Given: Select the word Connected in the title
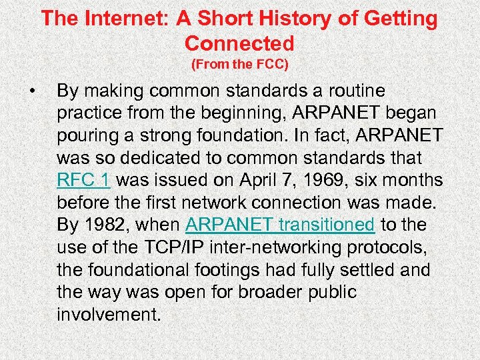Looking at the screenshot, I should [x=239, y=43].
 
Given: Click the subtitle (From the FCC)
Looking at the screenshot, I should [x=239, y=65].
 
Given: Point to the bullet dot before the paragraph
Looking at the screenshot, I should [x=31, y=90].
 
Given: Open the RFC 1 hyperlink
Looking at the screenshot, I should [x=84, y=181].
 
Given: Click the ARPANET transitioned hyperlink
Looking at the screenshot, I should [x=280, y=225].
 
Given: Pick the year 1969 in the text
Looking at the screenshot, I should [x=321, y=181].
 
